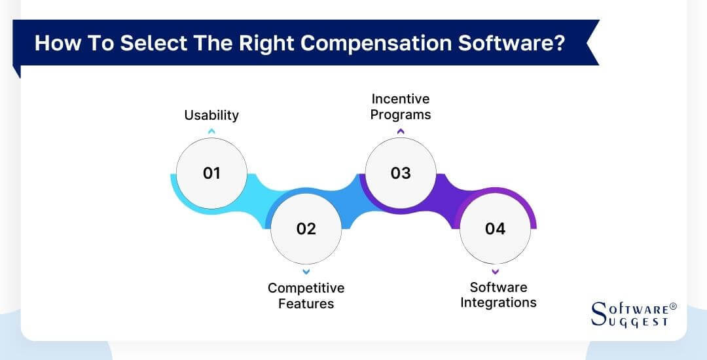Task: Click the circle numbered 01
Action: click(x=211, y=173)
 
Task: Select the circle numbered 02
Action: click(x=306, y=228)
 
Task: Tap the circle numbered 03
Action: click(x=400, y=173)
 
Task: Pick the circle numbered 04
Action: click(x=495, y=228)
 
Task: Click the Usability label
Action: click(x=211, y=115)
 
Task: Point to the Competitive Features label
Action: click(x=306, y=296)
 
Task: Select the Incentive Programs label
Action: click(x=401, y=107)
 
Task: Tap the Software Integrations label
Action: click(x=498, y=295)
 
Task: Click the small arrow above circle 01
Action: click(x=211, y=132)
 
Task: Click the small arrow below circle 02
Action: click(x=306, y=271)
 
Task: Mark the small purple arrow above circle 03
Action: click(x=401, y=131)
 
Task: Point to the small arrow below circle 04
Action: click(x=495, y=271)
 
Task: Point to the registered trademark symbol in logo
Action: click(x=674, y=306)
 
